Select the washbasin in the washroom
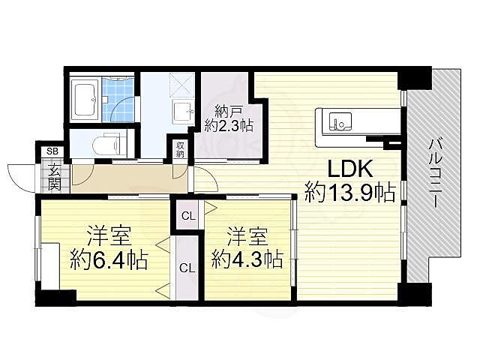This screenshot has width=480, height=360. [x=183, y=112]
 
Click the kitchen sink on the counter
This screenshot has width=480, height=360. [x=339, y=120]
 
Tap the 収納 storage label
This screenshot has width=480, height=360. [x=181, y=148]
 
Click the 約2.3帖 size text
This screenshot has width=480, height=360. [x=229, y=126]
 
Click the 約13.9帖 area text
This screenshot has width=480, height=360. [x=349, y=194]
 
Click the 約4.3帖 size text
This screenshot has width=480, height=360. [x=247, y=260]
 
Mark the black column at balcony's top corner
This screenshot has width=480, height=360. [x=415, y=78]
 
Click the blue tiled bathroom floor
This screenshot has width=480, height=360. [x=119, y=101]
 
